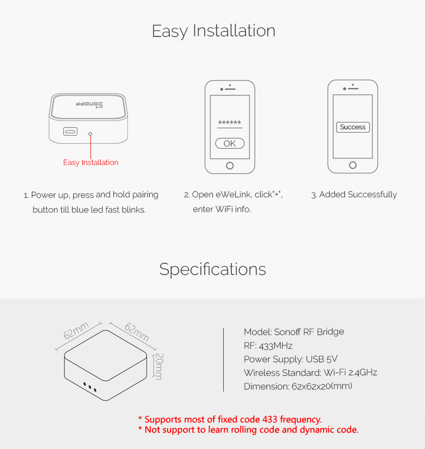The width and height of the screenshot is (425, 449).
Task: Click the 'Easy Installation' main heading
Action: point(214,31)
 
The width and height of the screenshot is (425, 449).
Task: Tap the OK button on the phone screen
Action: point(229,143)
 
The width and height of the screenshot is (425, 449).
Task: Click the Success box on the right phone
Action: point(352,127)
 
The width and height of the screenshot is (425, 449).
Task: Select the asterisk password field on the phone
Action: point(229,124)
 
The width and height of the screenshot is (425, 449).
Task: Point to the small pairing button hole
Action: point(90,134)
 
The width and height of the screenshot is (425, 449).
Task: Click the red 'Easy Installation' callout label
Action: point(91,163)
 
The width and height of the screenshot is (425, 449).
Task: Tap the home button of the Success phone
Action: point(352,166)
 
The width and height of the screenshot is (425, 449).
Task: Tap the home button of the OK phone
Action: point(229,166)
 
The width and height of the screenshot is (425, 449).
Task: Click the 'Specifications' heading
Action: point(212,269)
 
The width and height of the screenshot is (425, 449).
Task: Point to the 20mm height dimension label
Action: point(159,367)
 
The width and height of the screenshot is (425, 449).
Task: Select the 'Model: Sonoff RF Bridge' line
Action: point(294,332)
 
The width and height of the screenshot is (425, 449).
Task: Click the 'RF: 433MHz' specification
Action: point(268,345)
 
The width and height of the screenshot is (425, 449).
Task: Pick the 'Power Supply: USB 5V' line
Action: point(291,359)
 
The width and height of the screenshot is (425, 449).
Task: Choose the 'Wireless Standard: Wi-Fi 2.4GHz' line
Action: point(310,372)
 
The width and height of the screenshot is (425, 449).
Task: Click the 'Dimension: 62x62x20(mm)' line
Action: point(298,386)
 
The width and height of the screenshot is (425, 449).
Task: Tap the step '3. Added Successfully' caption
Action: point(354,194)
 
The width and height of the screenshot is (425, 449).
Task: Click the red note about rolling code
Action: point(248,430)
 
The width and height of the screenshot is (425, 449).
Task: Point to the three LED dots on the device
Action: point(90,387)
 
